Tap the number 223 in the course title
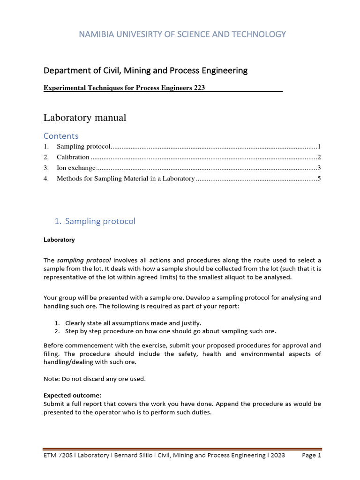point(199,88)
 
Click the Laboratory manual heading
point(85,118)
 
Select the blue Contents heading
point(61,136)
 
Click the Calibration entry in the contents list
point(73,157)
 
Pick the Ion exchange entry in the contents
point(76,168)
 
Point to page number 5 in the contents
point(319,179)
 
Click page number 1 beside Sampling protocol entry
point(319,147)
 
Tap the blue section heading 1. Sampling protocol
point(95,221)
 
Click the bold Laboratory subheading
point(59,240)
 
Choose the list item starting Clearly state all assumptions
point(133,323)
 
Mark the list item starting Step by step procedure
point(171,331)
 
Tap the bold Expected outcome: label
point(72,395)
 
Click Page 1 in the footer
point(312,455)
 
